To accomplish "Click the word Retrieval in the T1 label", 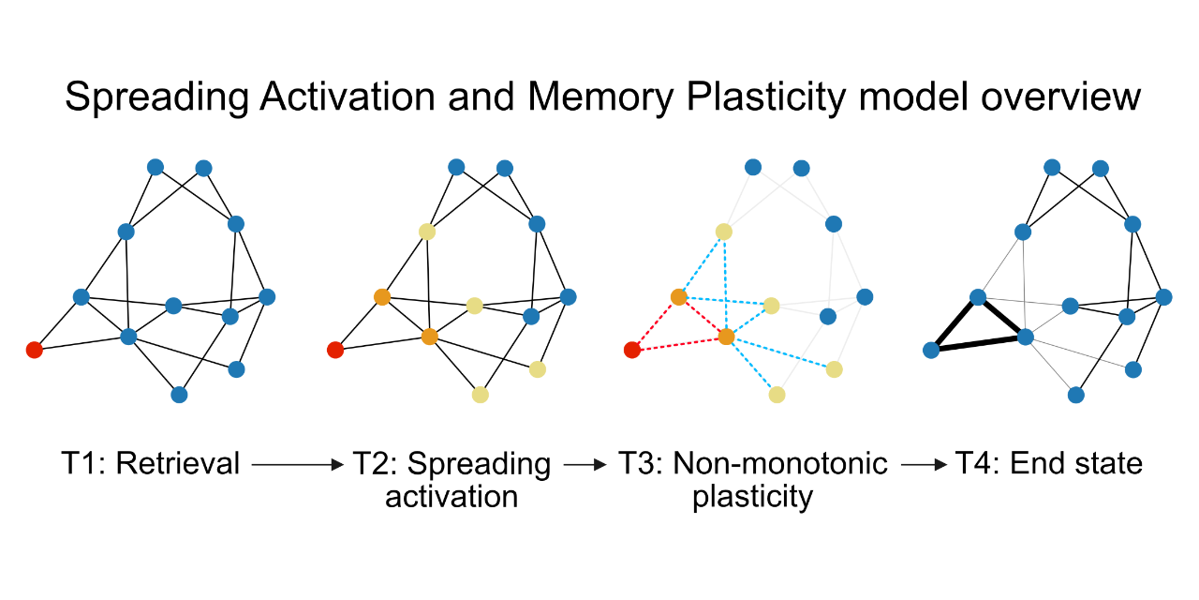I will point(178,463).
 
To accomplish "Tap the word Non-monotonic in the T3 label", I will point(780,463).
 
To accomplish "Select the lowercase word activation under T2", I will point(451,496).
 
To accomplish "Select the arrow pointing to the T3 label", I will point(585,464).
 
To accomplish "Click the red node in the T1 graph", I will point(35,351).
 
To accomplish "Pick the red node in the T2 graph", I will point(334,351).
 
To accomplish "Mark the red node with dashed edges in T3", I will point(632,351).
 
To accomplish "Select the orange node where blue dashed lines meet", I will point(726,336).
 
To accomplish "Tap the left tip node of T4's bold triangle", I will point(931,351).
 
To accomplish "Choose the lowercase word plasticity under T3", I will point(752,496).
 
